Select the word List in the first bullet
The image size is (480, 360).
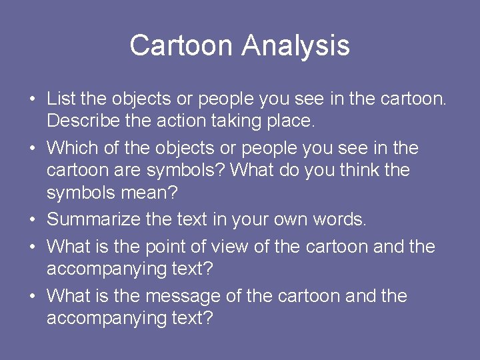pyautogui.click(x=61, y=99)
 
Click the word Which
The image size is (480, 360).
pyautogui.click(x=69, y=147)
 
